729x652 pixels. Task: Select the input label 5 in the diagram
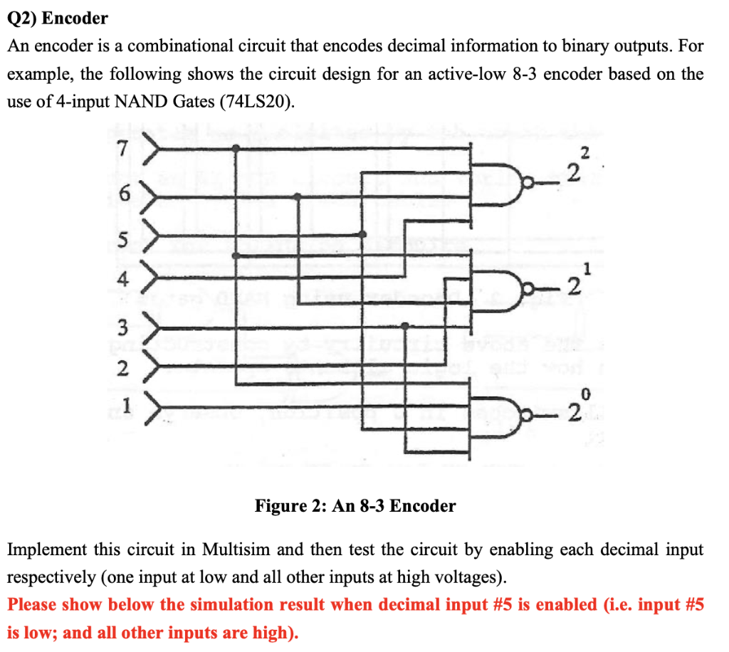click(x=123, y=241)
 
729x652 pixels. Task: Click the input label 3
click(x=123, y=327)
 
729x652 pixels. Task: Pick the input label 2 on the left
click(x=123, y=369)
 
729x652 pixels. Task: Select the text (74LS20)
click(x=257, y=102)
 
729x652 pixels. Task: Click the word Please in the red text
click(x=33, y=605)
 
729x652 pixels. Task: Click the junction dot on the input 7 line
click(x=236, y=148)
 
